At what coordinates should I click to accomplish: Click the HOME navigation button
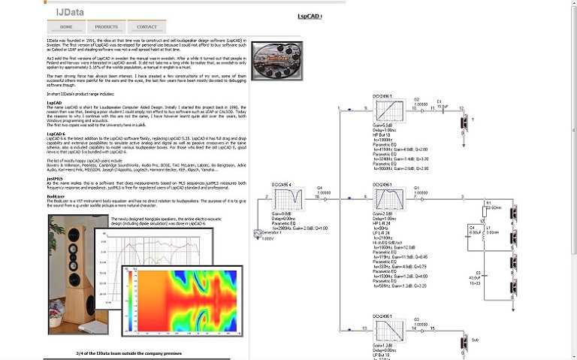pos(66,26)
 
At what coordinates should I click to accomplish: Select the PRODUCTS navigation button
pos(107,26)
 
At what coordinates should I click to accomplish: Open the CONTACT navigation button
pos(147,26)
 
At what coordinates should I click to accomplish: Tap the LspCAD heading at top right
pos(310,16)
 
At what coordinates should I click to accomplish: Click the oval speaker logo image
pos(276,57)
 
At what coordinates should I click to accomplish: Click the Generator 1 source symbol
pos(259,234)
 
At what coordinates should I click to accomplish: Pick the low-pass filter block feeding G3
pos(385,329)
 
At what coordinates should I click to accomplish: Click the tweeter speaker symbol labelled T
pos(463,120)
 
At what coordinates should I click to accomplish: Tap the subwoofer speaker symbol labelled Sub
pos(463,342)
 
